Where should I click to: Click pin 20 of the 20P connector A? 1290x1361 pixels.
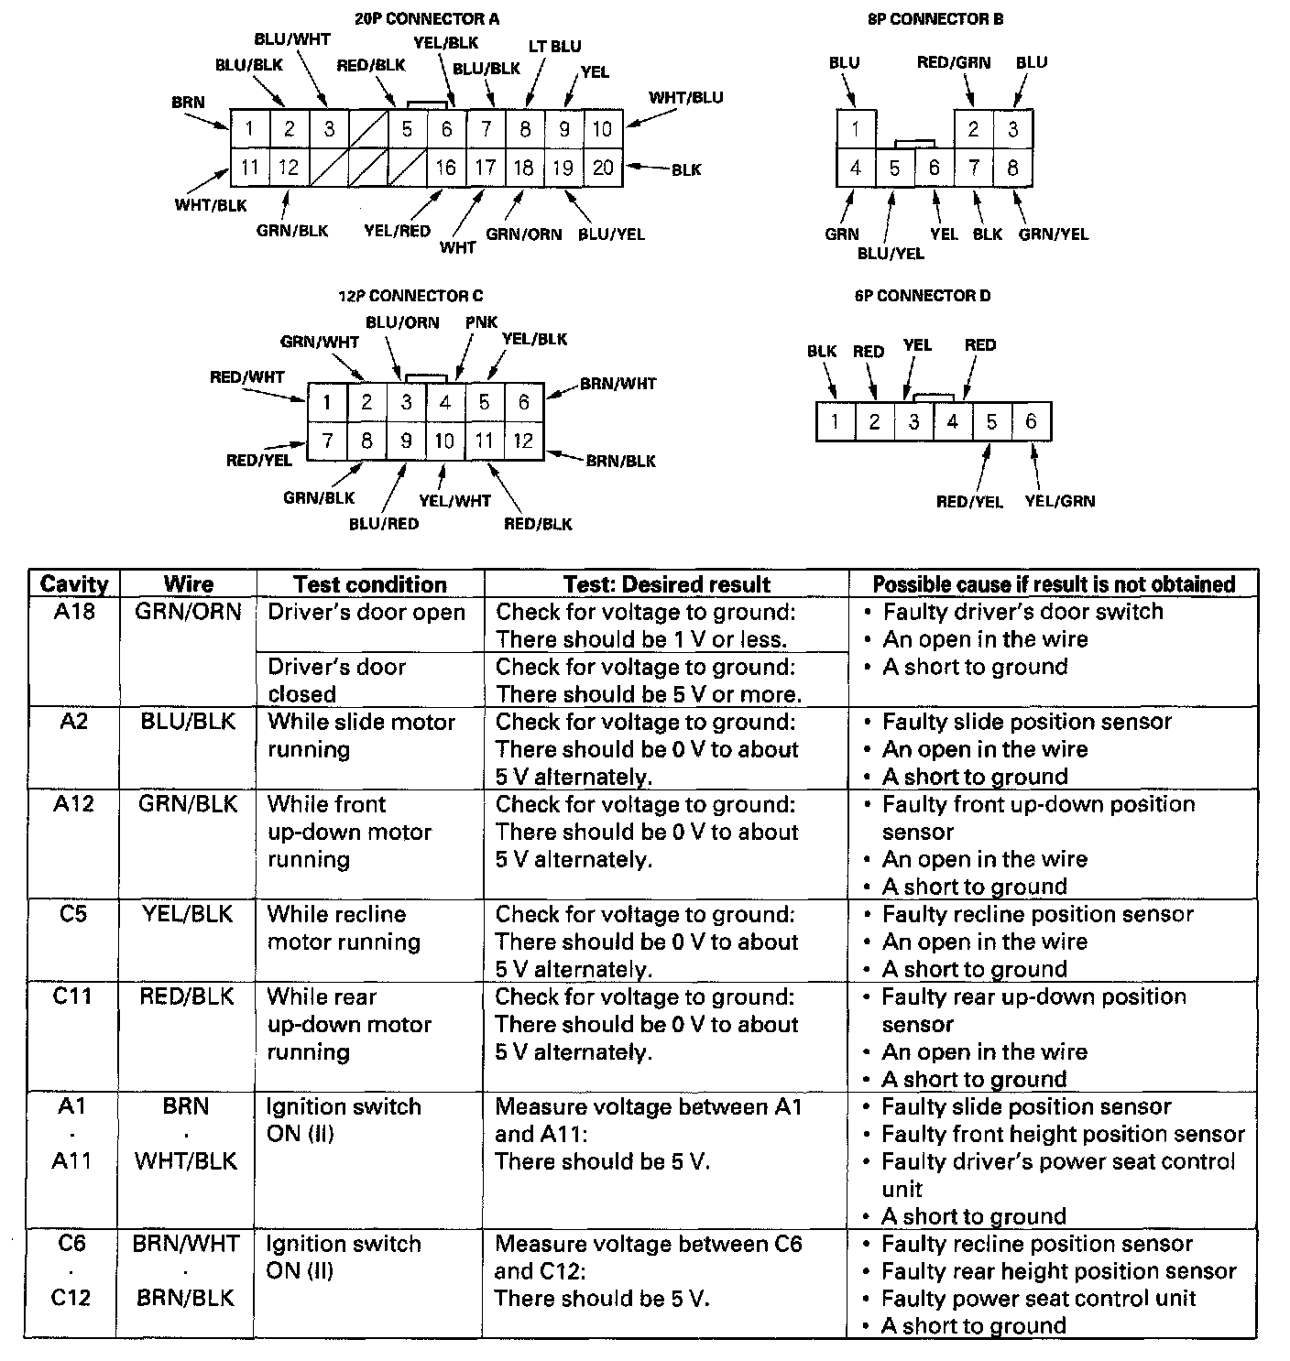tap(602, 168)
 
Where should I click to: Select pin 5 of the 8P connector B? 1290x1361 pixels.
tap(894, 169)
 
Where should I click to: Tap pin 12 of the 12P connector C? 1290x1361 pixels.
tap(523, 441)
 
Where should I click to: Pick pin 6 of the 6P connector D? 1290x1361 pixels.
tap(1031, 421)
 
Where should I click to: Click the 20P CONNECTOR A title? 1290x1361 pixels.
tap(427, 18)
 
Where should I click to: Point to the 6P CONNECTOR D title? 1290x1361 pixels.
tap(922, 296)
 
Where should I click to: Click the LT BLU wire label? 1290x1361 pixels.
tap(554, 46)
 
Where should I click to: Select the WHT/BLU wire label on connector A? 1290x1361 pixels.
tap(686, 97)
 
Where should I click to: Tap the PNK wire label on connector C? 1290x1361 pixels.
tap(481, 322)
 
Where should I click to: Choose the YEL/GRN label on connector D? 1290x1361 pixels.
tap(1059, 501)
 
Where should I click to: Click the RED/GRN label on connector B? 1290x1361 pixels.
tap(954, 62)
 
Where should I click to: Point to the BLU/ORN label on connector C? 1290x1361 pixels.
tap(402, 322)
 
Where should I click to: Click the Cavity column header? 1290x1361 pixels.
tap(74, 584)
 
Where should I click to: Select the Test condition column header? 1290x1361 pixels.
tap(370, 584)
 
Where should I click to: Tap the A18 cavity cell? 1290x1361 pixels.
tap(74, 612)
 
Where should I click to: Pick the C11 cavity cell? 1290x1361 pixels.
tap(72, 996)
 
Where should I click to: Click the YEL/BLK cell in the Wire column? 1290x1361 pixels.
tap(188, 914)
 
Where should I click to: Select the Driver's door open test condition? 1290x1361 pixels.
tap(366, 612)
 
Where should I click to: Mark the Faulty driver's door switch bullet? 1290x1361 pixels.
tap(1022, 612)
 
